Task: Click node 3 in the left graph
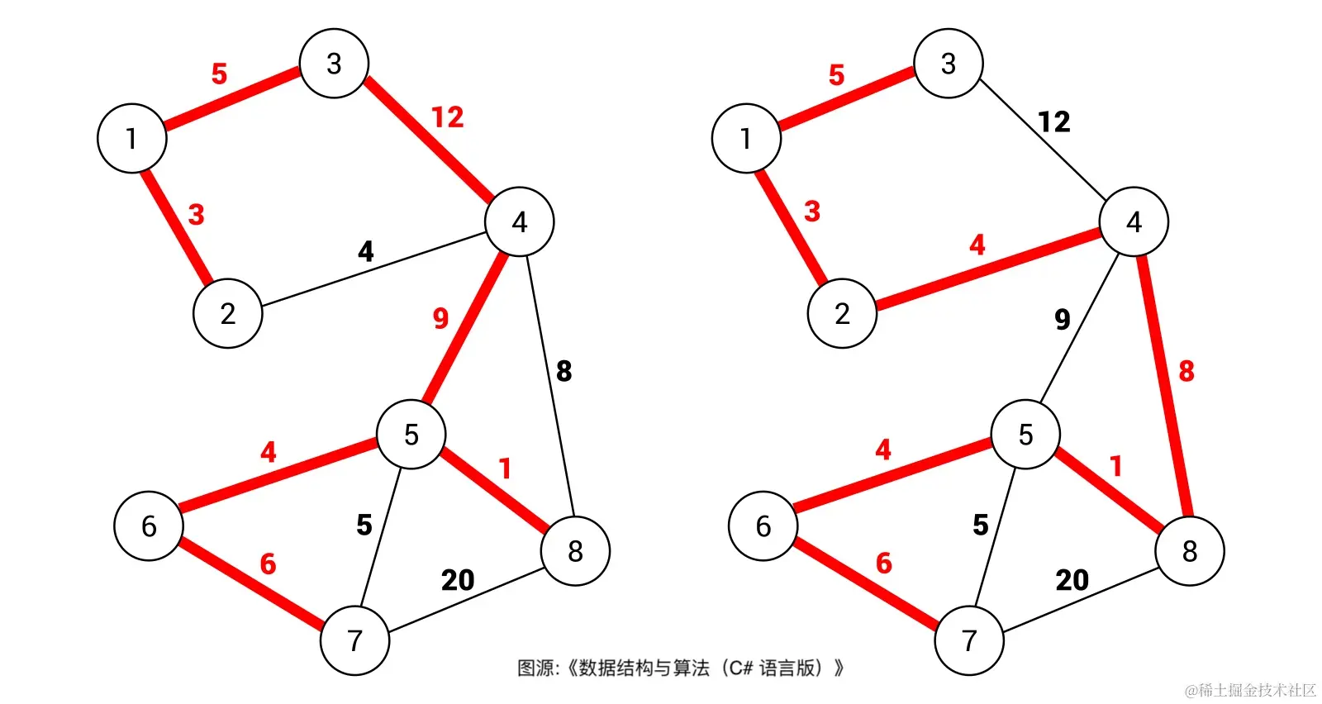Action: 334,64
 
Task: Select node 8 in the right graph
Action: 1189,551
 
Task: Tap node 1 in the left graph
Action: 132,138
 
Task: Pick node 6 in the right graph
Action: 763,526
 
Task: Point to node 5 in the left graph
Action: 411,435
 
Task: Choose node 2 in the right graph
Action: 842,313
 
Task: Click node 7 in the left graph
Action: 354,640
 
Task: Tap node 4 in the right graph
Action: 1134,221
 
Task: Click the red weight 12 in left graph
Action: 448,117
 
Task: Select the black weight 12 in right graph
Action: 1053,122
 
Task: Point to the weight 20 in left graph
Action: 458,580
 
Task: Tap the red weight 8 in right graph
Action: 1186,371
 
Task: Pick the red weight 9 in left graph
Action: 440,318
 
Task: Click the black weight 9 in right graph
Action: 1063,319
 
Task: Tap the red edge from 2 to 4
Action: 987,268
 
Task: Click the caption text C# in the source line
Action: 741,668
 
